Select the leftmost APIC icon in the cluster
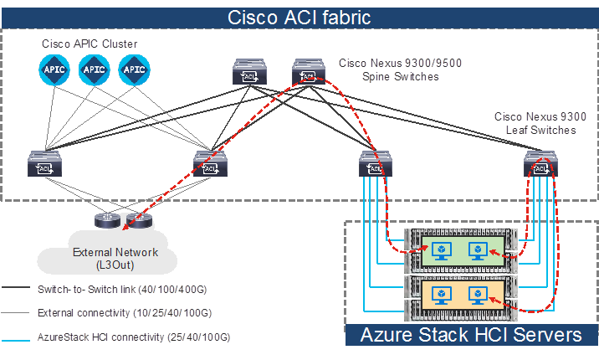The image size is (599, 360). (52, 69)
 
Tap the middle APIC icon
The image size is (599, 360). (93, 69)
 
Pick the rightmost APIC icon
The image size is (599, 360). (133, 69)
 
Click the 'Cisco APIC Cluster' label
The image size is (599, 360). (90, 44)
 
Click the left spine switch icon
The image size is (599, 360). (248, 74)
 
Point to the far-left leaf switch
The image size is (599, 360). (44, 166)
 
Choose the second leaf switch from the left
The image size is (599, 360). (210, 166)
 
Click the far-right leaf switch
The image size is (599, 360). (540, 166)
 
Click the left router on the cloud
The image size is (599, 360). (107, 222)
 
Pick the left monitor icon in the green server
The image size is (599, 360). (438, 249)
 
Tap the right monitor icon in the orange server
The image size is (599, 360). (479, 294)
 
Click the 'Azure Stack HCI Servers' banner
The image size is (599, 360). (471, 335)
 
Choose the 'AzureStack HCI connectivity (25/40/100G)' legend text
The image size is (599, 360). (133, 337)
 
